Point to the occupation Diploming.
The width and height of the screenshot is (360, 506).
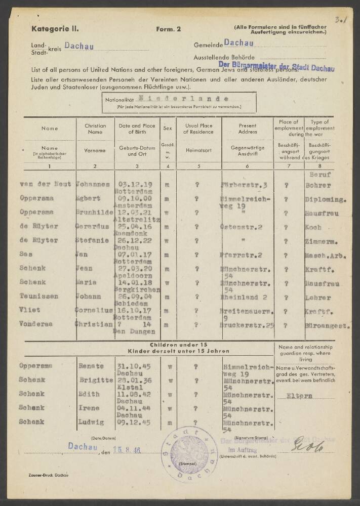[x=328, y=199]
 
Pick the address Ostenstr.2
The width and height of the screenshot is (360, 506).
[x=241, y=227]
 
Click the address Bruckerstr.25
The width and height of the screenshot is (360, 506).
[x=247, y=325]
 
